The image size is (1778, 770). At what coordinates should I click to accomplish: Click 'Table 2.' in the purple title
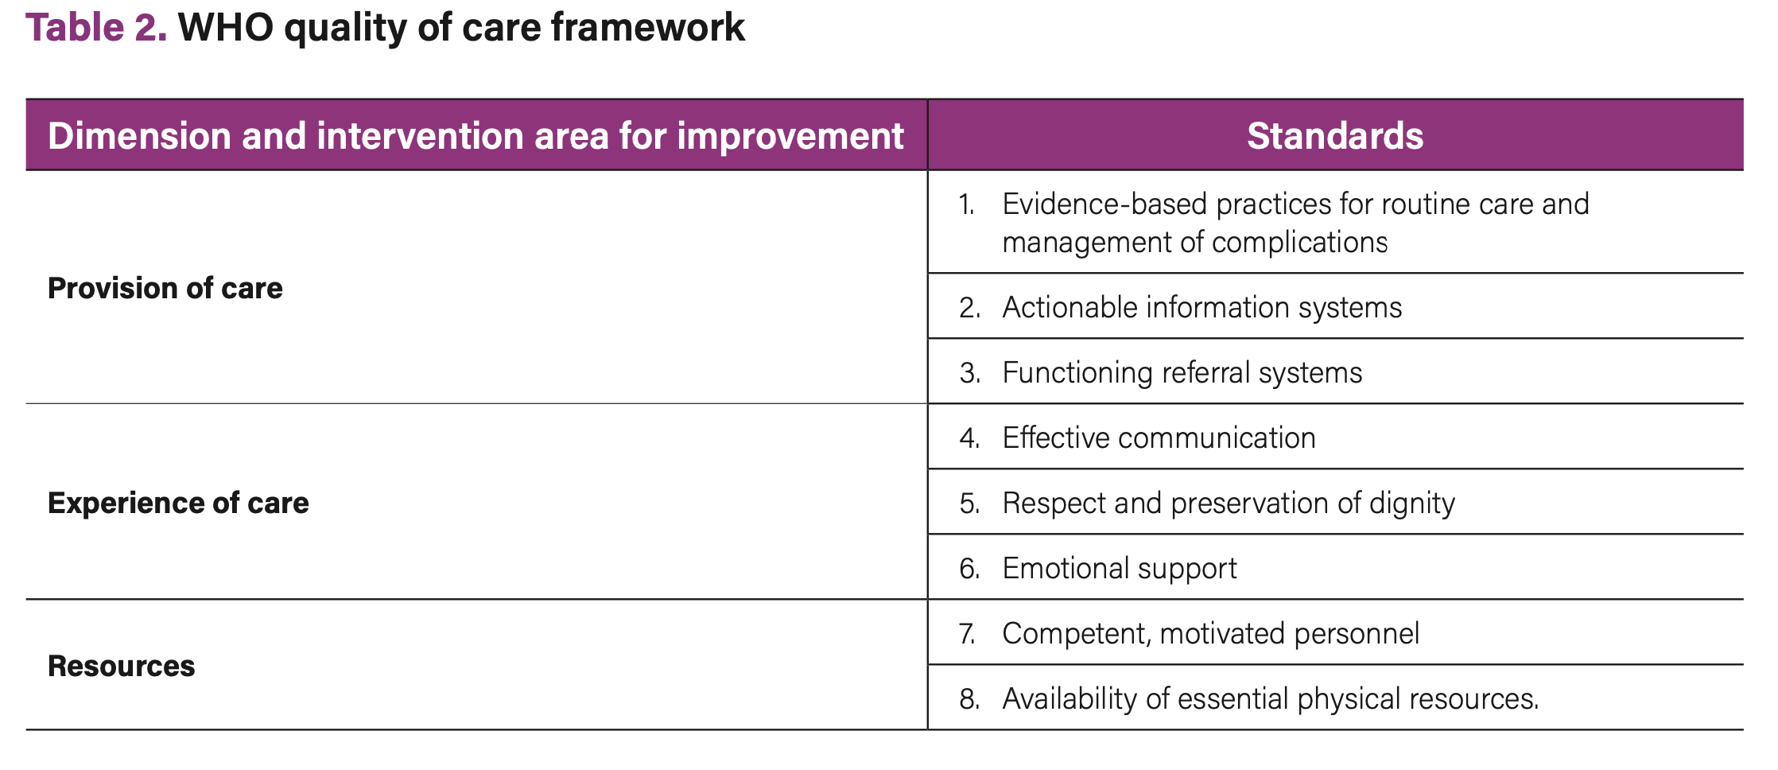click(96, 28)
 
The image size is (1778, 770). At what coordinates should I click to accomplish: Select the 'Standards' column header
click(1334, 136)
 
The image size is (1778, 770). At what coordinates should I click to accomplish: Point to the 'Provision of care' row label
click(165, 288)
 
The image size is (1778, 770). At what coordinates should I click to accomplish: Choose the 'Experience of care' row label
click(178, 503)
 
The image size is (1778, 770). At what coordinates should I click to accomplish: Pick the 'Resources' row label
click(121, 666)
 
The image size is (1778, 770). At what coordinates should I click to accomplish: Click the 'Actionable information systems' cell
click(1201, 307)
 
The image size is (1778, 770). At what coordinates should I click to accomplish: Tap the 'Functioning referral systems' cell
click(1182, 372)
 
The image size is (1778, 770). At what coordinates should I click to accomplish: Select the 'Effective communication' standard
click(1159, 437)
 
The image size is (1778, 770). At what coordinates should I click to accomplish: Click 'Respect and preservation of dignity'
click(1228, 503)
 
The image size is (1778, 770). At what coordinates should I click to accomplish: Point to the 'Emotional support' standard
click(1119, 568)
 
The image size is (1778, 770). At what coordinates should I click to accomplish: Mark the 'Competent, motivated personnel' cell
click(1210, 633)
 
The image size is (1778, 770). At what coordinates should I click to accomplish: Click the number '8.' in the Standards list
click(969, 698)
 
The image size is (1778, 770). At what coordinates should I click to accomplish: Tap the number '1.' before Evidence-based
click(967, 204)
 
